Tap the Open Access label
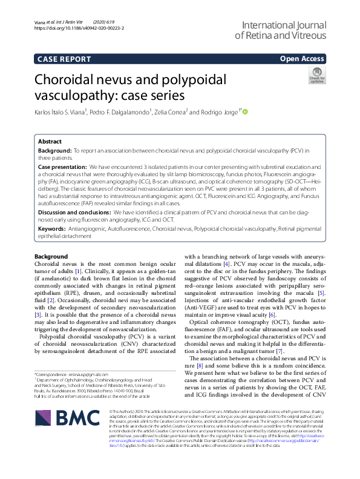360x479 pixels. pyautogui.click(x=303, y=59)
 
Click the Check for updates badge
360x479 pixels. pyautogui.click(x=316, y=76)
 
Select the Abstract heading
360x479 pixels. pyautogui.click(x=50, y=140)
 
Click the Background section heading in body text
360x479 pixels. pyautogui.click(x=51, y=256)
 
